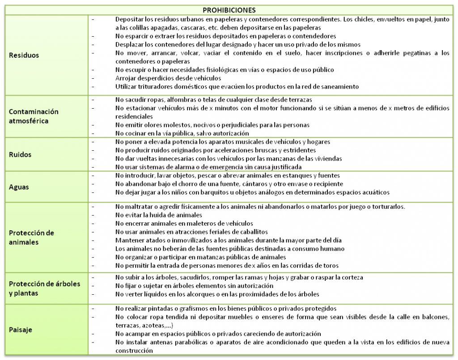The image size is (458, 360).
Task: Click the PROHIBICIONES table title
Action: [229, 10]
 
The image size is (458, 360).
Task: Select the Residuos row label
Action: [24, 55]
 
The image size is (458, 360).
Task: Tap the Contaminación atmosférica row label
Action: [34, 116]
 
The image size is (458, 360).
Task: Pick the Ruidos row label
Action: [20, 155]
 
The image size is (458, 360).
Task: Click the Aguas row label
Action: [19, 187]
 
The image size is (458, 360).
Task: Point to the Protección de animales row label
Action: [31, 237]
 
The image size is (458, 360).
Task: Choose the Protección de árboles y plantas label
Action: [44, 288]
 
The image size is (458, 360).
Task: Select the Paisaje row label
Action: [21, 330]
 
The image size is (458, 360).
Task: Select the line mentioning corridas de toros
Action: [227, 265]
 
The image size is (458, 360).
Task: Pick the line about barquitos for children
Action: [252, 192]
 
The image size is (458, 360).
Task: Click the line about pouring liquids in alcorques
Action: [217, 294]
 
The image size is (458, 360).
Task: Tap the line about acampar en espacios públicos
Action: [218, 334]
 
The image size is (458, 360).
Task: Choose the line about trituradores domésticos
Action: [237, 86]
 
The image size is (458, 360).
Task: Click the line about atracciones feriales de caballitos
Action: [191, 232]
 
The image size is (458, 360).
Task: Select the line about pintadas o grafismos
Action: [226, 309]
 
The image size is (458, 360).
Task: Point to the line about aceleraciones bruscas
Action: [215, 150]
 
